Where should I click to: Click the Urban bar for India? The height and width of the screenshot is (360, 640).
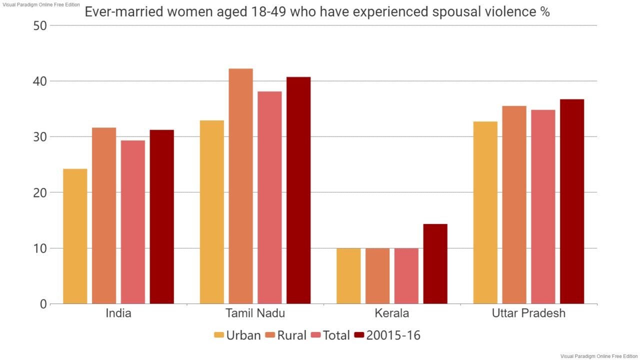(x=75, y=236)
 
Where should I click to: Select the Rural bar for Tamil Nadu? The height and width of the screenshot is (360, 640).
(x=241, y=186)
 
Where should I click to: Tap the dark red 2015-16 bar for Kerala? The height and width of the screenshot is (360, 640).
(x=435, y=264)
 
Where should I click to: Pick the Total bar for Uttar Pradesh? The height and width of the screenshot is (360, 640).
(x=543, y=207)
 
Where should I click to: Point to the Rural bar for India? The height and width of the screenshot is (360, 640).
(x=104, y=215)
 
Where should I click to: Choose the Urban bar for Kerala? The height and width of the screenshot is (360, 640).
(x=348, y=276)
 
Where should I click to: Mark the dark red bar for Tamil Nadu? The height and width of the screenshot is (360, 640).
(x=298, y=190)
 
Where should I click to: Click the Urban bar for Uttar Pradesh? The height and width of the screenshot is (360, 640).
(x=485, y=212)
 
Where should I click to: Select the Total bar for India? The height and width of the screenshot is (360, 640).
(x=133, y=222)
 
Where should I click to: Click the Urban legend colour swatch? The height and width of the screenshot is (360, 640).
(x=219, y=335)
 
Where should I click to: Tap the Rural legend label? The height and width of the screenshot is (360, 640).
(x=291, y=335)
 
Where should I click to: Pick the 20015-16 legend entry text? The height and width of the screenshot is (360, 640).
(x=393, y=335)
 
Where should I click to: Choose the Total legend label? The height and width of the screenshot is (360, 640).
(x=336, y=335)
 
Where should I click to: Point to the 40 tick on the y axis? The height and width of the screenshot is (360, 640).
(x=40, y=81)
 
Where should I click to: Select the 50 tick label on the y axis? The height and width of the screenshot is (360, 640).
(x=40, y=26)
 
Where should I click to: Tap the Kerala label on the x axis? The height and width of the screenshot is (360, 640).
(x=392, y=313)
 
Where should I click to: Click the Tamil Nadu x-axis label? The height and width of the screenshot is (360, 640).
(x=255, y=313)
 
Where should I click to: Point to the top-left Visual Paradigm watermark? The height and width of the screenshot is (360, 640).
(x=41, y=4)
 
